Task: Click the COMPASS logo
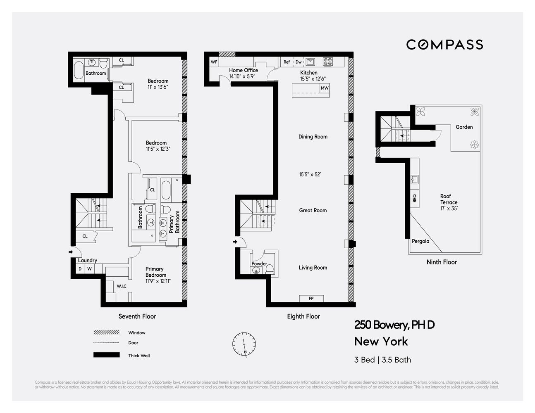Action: click(444, 45)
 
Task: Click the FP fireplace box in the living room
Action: click(311, 299)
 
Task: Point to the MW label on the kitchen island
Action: click(325, 88)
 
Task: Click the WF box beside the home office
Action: click(214, 62)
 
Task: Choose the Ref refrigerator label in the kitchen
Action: click(287, 62)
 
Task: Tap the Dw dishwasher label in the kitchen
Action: click(299, 62)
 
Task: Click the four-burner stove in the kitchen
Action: click(328, 62)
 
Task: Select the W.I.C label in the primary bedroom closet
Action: click(122, 286)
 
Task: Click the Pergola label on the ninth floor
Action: click(420, 241)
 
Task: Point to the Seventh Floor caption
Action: click(137, 316)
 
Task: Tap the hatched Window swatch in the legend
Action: click(107, 332)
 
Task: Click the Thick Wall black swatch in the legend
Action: click(107, 355)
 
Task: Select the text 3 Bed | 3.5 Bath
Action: click(382, 360)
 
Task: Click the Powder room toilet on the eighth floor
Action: click(270, 269)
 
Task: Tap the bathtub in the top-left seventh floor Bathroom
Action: click(78, 70)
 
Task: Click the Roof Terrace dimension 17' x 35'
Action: click(449, 209)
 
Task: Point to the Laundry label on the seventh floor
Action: click(88, 260)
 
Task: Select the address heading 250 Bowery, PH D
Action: click(394, 325)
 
